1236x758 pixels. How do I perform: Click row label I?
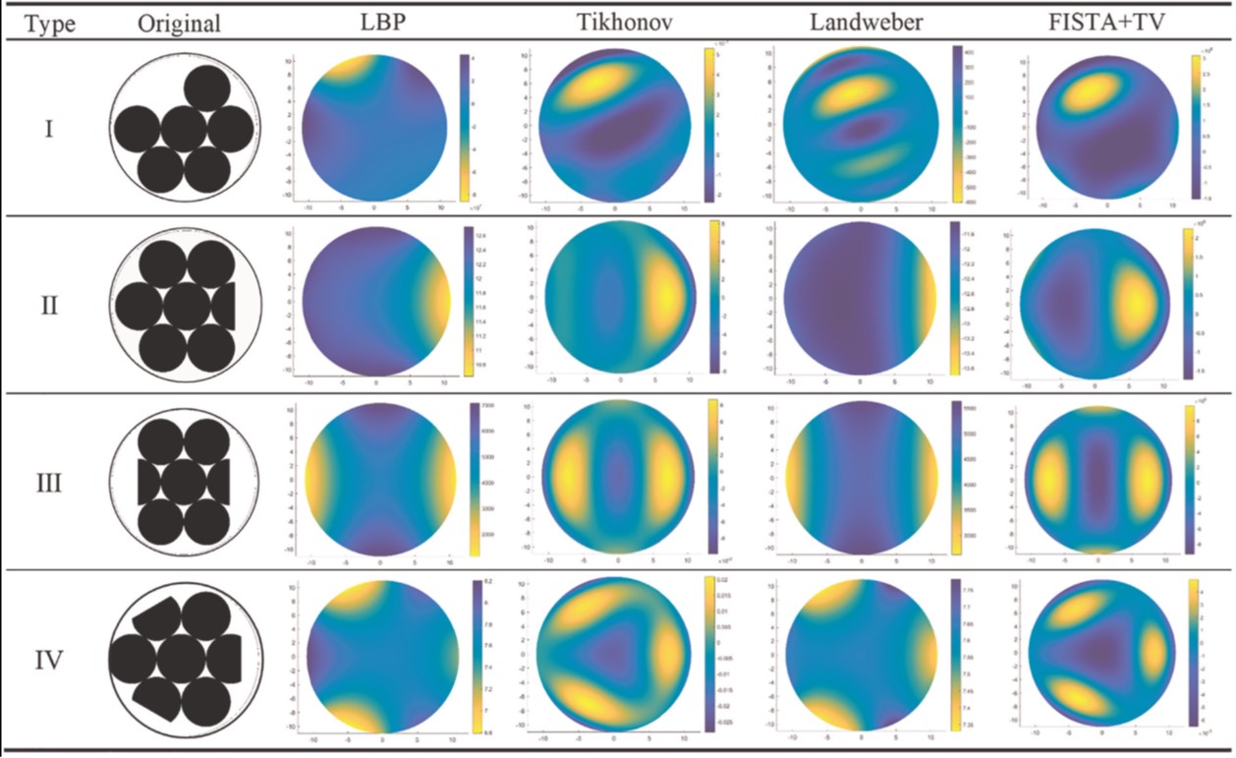(x=49, y=128)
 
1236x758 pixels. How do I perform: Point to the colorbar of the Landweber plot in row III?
(x=956, y=477)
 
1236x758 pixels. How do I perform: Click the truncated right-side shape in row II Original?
(x=225, y=306)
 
